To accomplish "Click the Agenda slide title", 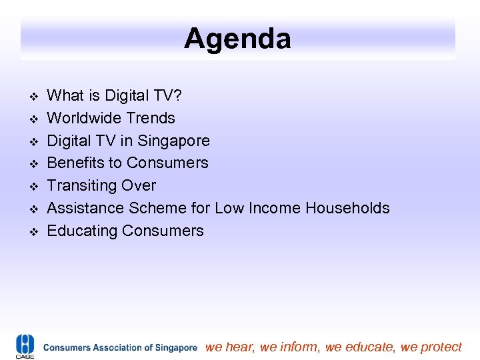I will click(x=237, y=38).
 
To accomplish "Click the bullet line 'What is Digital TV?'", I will click(x=114, y=95).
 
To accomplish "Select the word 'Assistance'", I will click(x=85, y=208).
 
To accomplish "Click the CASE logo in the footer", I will click(x=25, y=346).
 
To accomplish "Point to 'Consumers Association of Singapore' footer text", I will click(x=120, y=347).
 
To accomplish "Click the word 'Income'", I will click(x=274, y=208).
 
